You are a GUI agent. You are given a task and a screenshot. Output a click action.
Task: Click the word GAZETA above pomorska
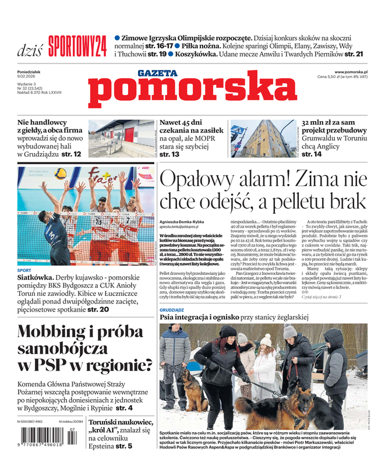pyautogui.click(x=157, y=73)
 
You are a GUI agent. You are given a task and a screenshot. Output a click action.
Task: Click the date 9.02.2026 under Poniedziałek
pyautogui.click(x=29, y=77)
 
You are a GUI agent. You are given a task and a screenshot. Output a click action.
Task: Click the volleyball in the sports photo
pyautogui.click(x=61, y=174)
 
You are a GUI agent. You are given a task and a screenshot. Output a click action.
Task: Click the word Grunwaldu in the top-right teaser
pyautogui.click(x=323, y=139)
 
